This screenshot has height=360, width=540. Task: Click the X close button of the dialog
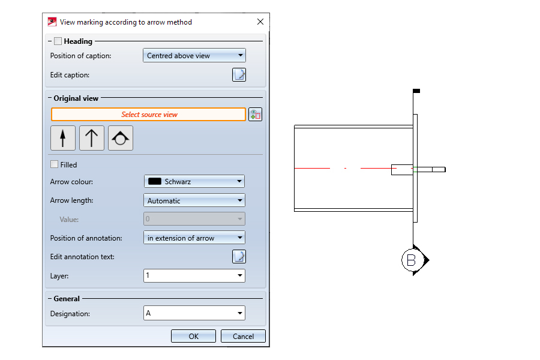(x=260, y=22)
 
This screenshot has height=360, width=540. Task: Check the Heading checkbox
(x=58, y=41)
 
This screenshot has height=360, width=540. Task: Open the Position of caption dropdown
(x=194, y=55)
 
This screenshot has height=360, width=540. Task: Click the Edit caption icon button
(x=239, y=75)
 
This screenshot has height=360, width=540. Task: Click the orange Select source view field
(x=148, y=115)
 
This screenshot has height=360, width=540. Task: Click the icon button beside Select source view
(x=255, y=115)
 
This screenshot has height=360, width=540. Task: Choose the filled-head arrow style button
(x=62, y=138)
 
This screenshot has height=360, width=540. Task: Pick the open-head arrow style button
(x=92, y=138)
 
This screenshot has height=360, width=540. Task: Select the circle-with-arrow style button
(x=121, y=138)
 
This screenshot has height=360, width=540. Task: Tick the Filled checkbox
(x=55, y=164)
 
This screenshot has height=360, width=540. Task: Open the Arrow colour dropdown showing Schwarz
(x=194, y=182)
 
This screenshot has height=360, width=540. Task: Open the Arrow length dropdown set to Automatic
(x=194, y=200)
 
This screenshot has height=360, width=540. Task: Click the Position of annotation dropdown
(x=194, y=238)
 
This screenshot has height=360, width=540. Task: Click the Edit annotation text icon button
(x=239, y=257)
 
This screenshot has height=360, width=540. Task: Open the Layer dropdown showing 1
(x=194, y=275)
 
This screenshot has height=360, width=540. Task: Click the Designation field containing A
(x=194, y=313)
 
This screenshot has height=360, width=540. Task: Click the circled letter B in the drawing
(x=411, y=260)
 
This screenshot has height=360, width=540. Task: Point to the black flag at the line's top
(x=416, y=91)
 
